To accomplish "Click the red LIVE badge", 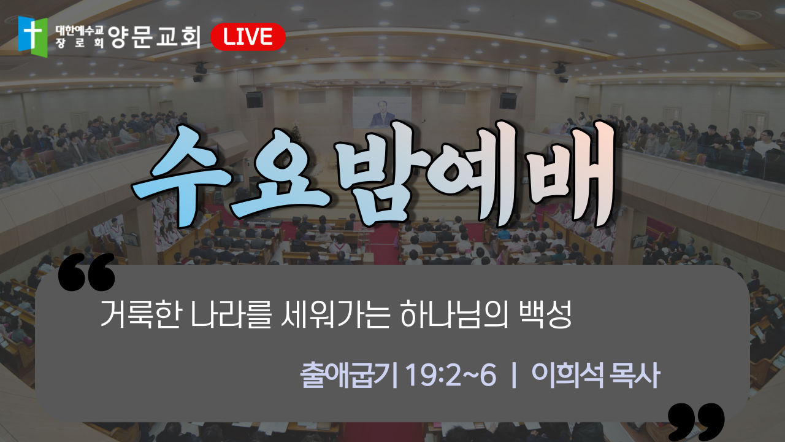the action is click(248, 37).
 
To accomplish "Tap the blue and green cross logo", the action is click(33, 36).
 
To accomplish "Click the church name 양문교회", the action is click(155, 37).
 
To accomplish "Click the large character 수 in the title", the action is click(180, 176).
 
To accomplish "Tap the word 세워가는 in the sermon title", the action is click(335, 314).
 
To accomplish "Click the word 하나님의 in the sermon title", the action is click(453, 314).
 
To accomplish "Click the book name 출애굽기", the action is click(349, 375).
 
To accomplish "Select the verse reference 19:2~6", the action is click(451, 375).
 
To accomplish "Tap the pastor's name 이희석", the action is click(568, 375).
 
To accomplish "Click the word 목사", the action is click(635, 375).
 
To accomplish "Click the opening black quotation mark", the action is click(86, 272).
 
